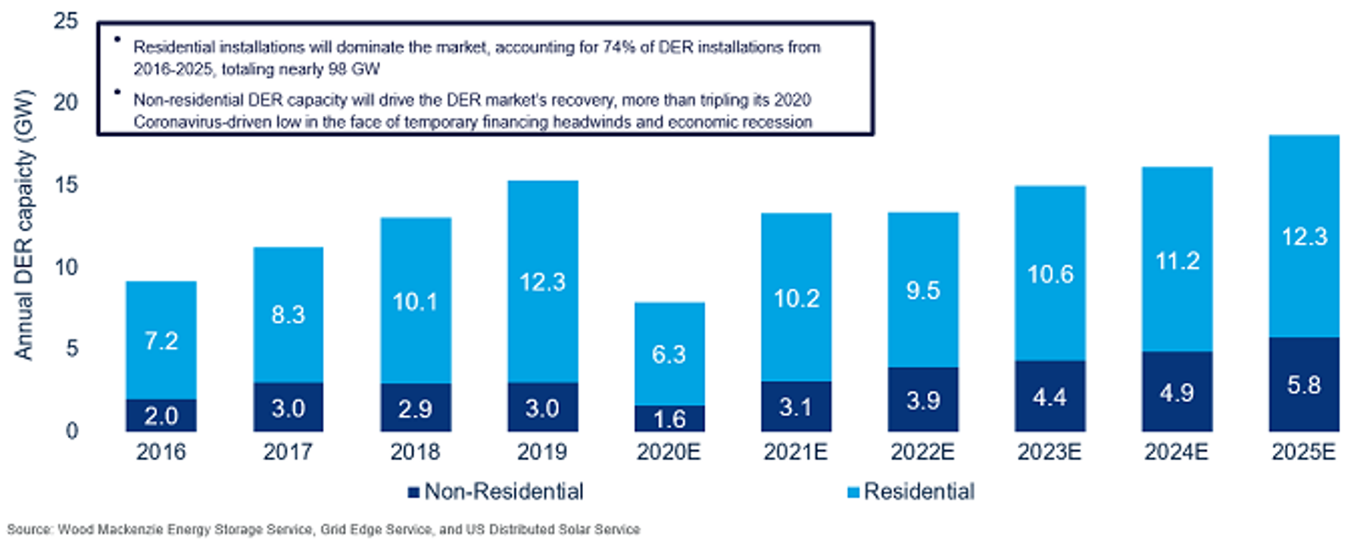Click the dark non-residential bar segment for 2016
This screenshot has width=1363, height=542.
[161, 415]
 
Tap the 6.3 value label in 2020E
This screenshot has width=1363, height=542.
[669, 354]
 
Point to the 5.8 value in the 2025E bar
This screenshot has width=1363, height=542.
[1303, 385]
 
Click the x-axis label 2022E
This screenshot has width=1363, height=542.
[922, 452]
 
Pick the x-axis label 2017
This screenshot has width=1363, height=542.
[288, 452]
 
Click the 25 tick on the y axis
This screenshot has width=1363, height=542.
[66, 20]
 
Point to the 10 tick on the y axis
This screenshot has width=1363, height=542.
[66, 266]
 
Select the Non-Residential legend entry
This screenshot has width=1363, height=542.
[504, 492]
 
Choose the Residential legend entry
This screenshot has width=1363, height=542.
[919, 492]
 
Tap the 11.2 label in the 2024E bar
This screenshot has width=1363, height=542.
[1177, 261]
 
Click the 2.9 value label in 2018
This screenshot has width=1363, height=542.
[415, 409]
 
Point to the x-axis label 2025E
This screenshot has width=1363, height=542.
[1303, 452]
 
